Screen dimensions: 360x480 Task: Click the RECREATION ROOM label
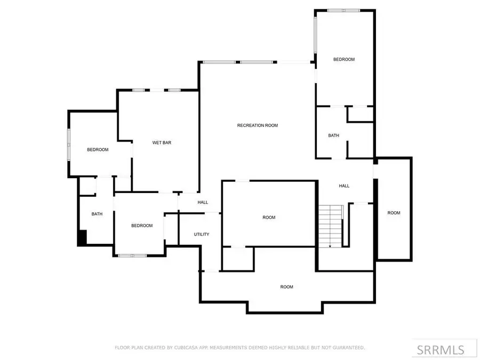[258, 125]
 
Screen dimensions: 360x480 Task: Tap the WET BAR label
[162, 142]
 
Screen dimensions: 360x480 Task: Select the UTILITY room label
[201, 234]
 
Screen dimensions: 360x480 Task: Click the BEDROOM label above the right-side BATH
[344, 59]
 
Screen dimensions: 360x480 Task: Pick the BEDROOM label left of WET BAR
[98, 150]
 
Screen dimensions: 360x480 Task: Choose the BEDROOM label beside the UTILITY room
[142, 226]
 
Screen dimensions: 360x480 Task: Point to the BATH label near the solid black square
[97, 214]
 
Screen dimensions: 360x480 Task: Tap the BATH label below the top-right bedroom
[333, 135]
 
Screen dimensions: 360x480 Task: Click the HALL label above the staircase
[344, 186]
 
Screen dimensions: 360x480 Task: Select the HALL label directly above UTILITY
[203, 202]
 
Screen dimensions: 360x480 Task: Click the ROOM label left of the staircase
[269, 217]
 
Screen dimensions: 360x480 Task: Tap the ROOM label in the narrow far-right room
[394, 213]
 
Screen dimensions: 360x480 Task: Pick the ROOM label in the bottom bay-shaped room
[287, 287]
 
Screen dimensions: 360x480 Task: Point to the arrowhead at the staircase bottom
[331, 246]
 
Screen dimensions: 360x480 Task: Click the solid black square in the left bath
[82, 238]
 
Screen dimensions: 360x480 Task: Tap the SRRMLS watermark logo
[440, 350]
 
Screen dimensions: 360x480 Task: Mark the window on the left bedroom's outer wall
[68, 144]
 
